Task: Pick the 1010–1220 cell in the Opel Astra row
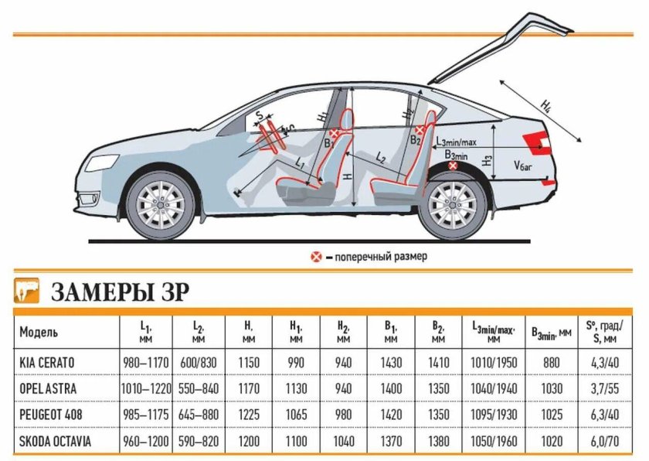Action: point(147,388)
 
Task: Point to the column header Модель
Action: point(39,333)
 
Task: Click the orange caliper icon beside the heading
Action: point(27,290)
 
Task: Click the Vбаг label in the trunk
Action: point(525,166)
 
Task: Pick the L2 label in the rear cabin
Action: point(380,158)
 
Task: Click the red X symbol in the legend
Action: point(315,256)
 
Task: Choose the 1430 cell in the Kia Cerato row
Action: point(392,361)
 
